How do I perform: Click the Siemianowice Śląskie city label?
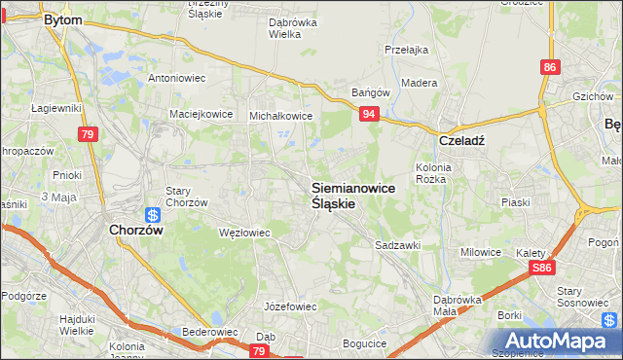tap(352, 197)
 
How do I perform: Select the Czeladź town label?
tap(461, 139)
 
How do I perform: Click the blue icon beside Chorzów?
tap(153, 215)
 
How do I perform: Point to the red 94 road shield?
tap(369, 115)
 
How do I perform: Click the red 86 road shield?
tap(551, 67)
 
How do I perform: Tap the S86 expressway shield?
tap(542, 267)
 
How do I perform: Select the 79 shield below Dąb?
tap(259, 351)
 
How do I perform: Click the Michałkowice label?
tap(281, 115)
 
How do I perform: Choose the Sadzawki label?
tap(397, 246)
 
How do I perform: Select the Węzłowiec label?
tap(244, 233)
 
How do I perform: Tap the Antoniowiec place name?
tap(176, 77)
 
